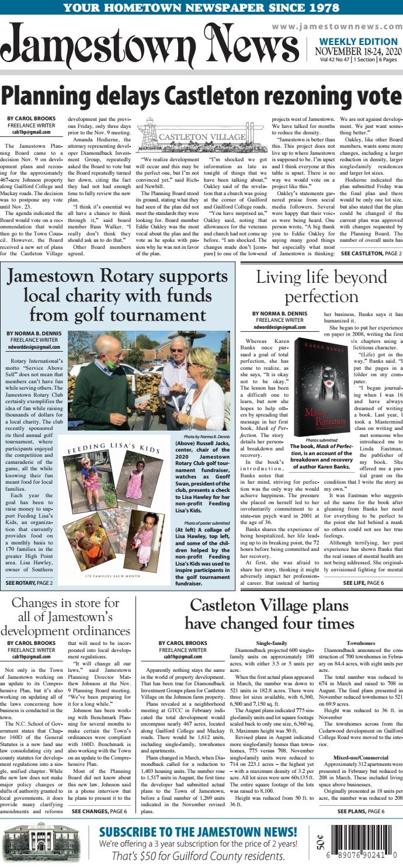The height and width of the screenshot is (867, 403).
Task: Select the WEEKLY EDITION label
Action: (x=358, y=42)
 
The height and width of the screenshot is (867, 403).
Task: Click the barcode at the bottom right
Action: (x=366, y=845)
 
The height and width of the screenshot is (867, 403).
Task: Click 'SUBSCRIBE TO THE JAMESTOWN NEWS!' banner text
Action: (x=198, y=833)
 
